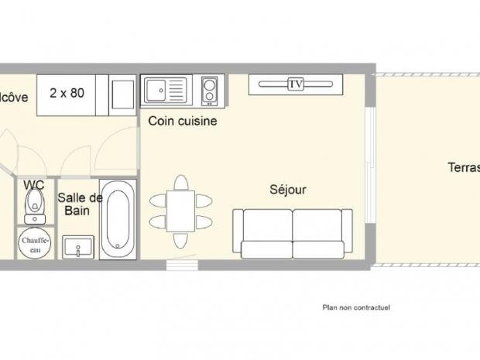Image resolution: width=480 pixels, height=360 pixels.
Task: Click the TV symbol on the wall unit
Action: (295, 84)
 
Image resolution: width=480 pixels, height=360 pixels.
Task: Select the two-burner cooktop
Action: (209, 91)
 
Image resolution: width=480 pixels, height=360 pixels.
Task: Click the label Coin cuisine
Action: (182, 122)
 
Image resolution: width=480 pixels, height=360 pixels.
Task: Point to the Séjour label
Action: (288, 189)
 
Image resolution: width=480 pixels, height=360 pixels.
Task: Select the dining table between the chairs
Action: (180, 211)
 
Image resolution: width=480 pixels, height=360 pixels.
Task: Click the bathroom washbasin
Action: (78, 248)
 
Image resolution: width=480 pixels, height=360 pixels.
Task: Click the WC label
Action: (33, 185)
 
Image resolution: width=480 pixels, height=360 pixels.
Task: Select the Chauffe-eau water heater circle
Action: (34, 244)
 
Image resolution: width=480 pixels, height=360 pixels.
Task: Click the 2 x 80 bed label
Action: (67, 94)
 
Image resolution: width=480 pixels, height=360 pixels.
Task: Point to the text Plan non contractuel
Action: (356, 307)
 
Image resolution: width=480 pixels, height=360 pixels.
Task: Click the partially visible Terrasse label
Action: (462, 168)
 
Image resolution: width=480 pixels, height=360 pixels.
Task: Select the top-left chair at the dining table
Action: (159, 201)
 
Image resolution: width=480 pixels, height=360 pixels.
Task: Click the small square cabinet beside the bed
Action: (122, 94)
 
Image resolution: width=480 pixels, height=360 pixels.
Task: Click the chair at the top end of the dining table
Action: (180, 183)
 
